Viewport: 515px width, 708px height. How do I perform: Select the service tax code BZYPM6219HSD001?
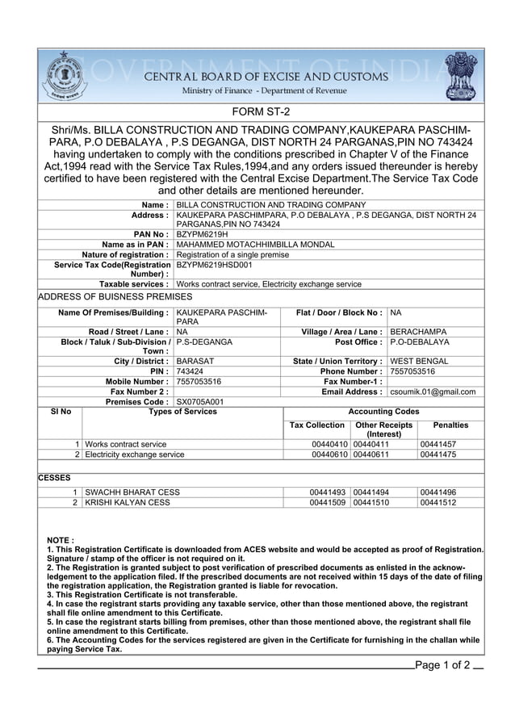pos(214,264)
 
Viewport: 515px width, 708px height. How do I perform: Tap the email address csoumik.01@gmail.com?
pos(433,392)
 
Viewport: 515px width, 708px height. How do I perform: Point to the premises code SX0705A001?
pos(200,401)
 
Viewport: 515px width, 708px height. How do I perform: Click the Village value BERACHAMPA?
pos(418,332)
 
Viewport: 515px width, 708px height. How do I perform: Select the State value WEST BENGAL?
pos(419,362)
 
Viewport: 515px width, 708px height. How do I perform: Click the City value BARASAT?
pos(195,362)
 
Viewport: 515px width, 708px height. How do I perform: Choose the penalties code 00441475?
pos(438,455)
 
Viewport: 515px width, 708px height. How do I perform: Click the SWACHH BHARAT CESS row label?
pos(132,492)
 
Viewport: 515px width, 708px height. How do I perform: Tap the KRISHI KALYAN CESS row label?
pos(128,502)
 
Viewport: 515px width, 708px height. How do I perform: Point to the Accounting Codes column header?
pos(383,412)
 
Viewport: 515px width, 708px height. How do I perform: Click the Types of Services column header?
pos(182,412)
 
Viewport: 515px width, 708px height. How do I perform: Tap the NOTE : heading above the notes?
pos(61,539)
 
